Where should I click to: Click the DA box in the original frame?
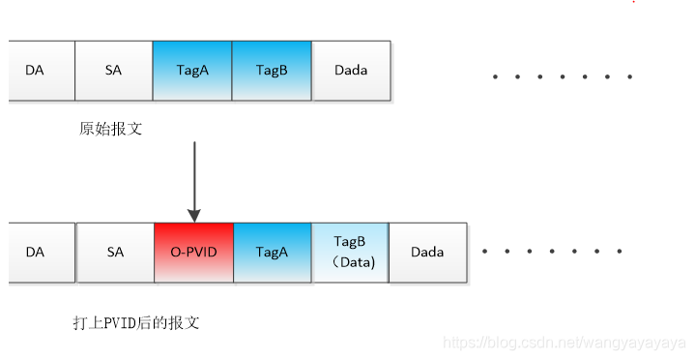[42, 71]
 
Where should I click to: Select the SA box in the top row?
[114, 71]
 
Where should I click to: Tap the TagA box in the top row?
[192, 71]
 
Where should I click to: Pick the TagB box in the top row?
[272, 71]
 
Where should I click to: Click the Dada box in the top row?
[351, 71]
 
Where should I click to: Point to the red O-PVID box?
[194, 253]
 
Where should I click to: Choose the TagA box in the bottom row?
[273, 253]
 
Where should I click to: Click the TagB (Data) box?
[350, 253]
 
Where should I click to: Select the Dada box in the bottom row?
[427, 253]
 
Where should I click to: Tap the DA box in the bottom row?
[42, 253]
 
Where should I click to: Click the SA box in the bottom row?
[115, 253]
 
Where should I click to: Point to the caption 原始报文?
[111, 129]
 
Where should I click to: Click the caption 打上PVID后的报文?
[136, 322]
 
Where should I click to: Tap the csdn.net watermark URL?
[565, 344]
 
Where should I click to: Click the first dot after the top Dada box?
[495, 76]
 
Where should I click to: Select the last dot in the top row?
[630, 76]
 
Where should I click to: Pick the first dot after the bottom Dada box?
[485, 252]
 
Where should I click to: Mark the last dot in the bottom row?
[620, 252]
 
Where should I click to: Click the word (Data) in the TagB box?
[353, 262]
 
